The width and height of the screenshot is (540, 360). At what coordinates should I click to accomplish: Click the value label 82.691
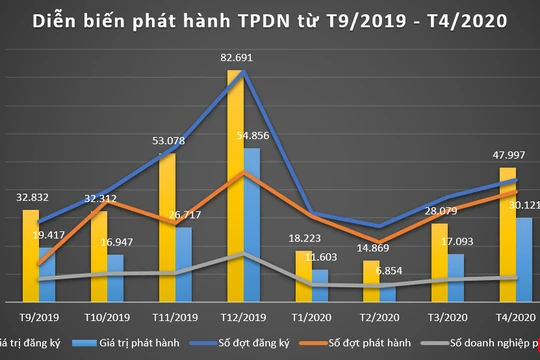click(x=234, y=58)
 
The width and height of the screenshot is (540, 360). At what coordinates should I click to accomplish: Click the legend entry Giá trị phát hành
click(x=146, y=342)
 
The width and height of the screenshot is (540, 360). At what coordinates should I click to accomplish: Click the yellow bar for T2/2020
click(x=371, y=281)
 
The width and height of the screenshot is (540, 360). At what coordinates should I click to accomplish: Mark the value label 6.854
click(x=389, y=270)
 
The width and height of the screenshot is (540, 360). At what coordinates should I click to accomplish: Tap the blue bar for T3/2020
click(x=456, y=278)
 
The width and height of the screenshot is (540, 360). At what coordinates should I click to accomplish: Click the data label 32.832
click(x=29, y=198)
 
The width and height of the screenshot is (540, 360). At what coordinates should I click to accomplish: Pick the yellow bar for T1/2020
click(x=303, y=276)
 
